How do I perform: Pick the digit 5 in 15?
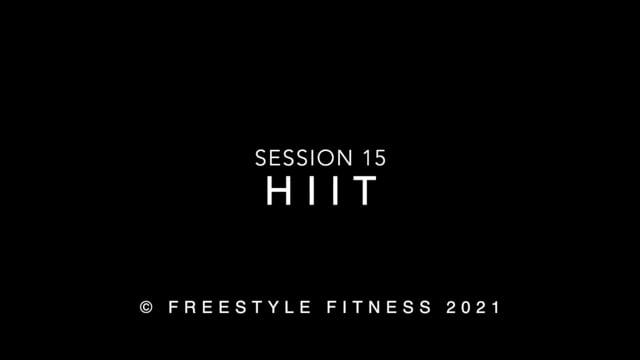click(376, 158)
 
